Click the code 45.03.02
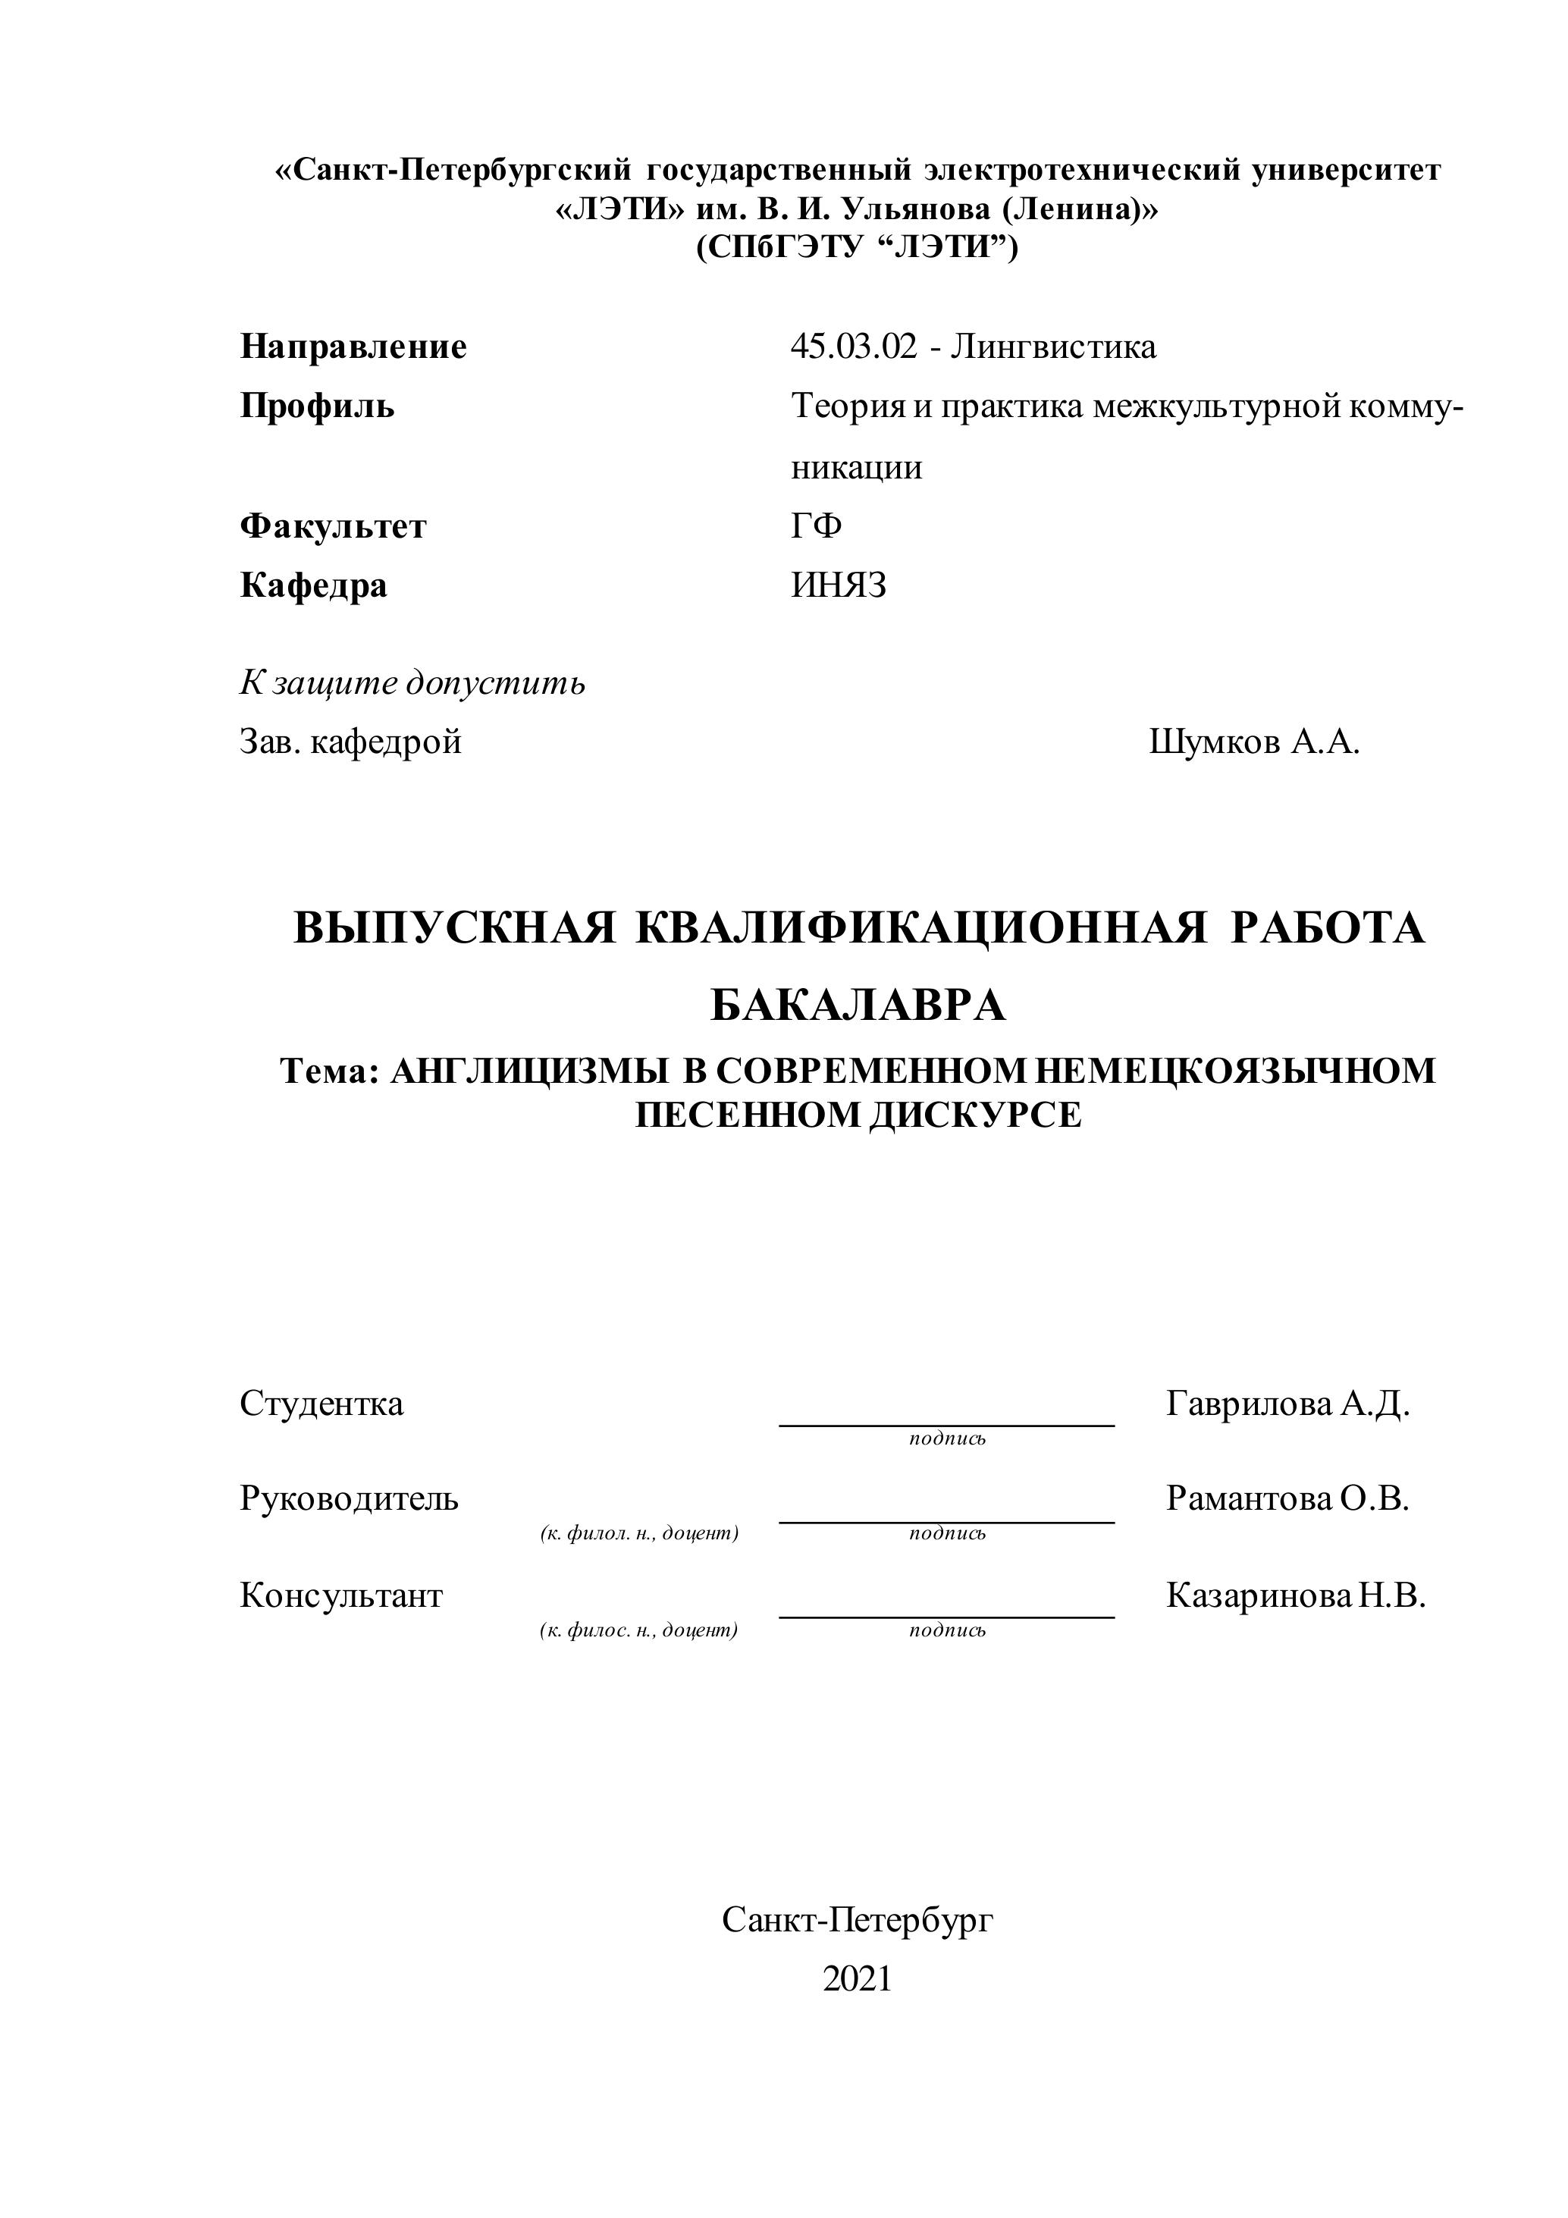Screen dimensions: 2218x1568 tap(853, 347)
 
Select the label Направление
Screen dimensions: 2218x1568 tap(353, 347)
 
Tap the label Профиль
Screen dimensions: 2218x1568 tap(317, 406)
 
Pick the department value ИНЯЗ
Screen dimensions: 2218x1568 tap(839, 586)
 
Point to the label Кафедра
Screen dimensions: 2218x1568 tap(313, 586)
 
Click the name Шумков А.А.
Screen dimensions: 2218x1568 tap(1254, 743)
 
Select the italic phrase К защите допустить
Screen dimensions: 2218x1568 tap(412, 683)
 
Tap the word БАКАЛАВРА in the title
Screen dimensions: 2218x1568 tap(858, 1006)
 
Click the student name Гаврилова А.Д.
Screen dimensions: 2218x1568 tap(1287, 1404)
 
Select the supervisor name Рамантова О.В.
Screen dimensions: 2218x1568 tap(1287, 1499)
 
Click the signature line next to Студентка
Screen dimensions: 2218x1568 tap(947, 1423)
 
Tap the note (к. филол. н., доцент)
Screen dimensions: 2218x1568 tap(640, 1533)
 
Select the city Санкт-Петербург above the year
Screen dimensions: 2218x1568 tap(857, 1921)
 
